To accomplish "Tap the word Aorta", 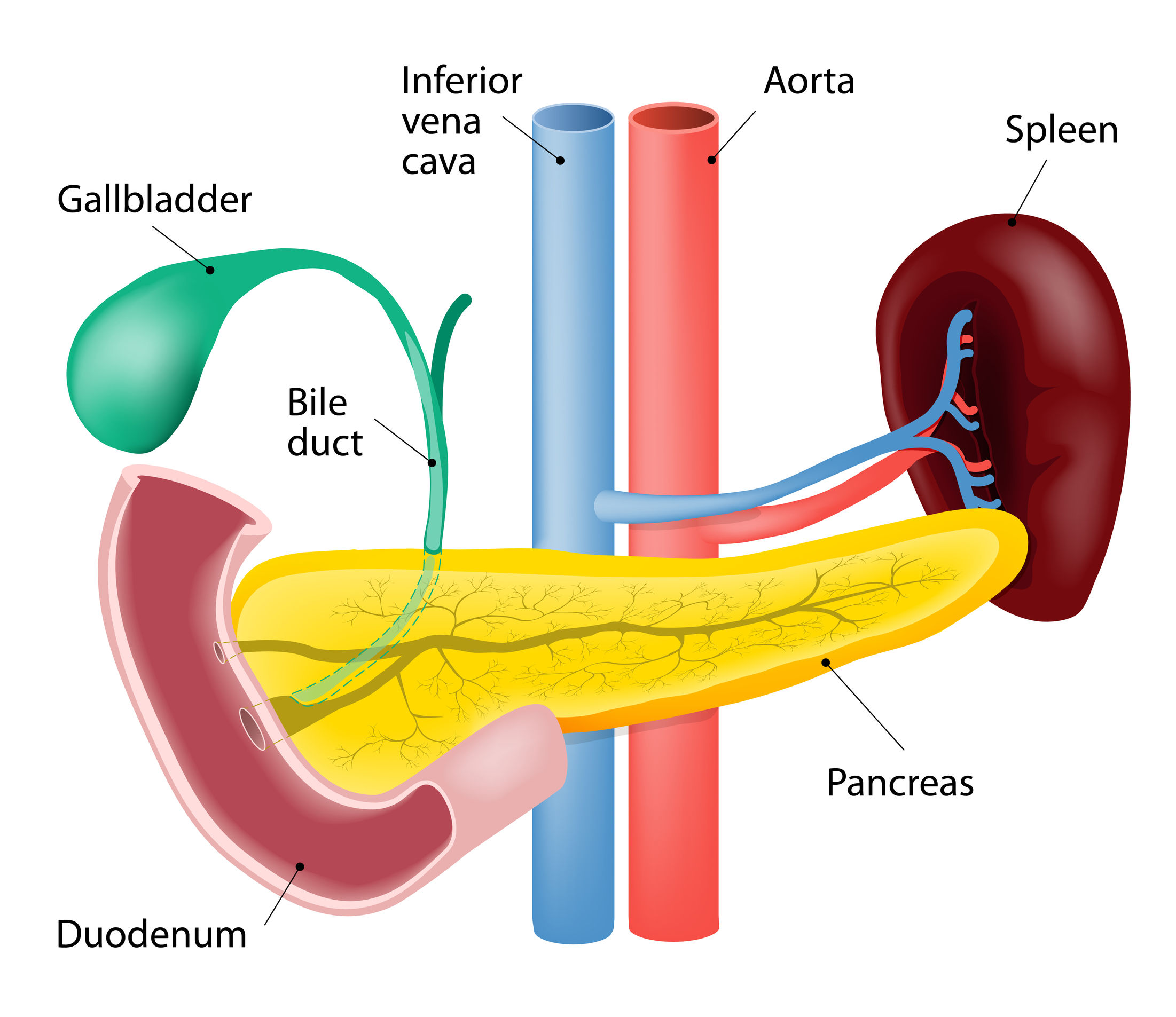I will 809,81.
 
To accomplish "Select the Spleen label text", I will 1061,130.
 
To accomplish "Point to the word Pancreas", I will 900,783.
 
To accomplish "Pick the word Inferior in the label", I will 461,81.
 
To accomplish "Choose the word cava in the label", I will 438,162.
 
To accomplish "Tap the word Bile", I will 317,403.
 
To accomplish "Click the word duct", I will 325,443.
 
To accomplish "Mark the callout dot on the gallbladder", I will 210,270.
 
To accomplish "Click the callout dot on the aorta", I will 711,160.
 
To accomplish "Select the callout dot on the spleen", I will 1012,222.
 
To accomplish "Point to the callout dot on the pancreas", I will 826,663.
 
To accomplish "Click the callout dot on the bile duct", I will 432,462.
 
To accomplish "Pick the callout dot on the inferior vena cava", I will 560,161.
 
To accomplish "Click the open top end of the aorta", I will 673,118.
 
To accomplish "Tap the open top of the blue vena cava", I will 573,118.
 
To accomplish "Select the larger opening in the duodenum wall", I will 252,729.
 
